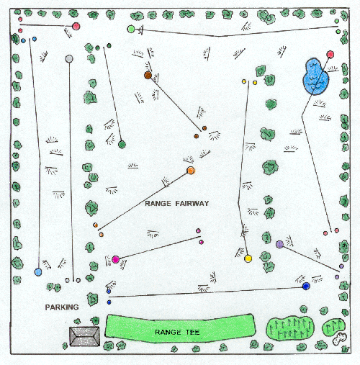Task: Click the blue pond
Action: click(x=315, y=76)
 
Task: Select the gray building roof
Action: click(x=84, y=336)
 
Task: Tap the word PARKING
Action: click(x=62, y=307)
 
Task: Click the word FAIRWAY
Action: click(x=192, y=204)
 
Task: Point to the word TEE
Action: click(x=192, y=332)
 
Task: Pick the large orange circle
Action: click(x=191, y=171)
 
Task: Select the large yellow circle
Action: click(x=248, y=258)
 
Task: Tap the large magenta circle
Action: click(x=116, y=259)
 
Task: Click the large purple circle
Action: click(x=279, y=244)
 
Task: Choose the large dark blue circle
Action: click(x=306, y=286)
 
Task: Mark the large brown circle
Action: click(x=148, y=76)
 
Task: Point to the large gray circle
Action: click(x=69, y=58)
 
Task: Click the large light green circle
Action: click(x=131, y=29)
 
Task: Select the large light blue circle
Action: click(x=38, y=272)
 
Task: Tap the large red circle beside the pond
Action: click(x=330, y=55)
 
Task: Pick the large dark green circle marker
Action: click(x=122, y=145)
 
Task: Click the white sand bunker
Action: click(x=339, y=338)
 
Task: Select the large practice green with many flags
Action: click(x=290, y=328)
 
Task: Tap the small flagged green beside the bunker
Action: click(x=333, y=327)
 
